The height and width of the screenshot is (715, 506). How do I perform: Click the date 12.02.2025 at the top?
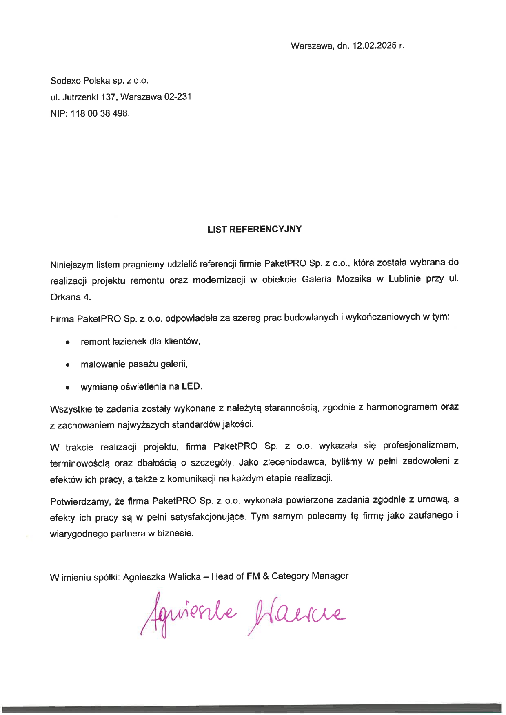coord(375,46)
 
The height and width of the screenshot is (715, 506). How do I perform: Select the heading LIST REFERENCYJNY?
coord(254,230)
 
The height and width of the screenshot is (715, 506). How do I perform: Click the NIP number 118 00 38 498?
coord(100,114)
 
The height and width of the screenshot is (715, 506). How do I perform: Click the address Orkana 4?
coord(70,297)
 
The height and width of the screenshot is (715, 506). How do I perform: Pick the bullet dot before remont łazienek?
coord(68,342)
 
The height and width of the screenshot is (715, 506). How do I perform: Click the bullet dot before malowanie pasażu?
coord(68,365)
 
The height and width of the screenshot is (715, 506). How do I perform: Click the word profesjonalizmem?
coord(421,445)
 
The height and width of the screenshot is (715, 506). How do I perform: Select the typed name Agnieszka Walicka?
coord(162,577)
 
